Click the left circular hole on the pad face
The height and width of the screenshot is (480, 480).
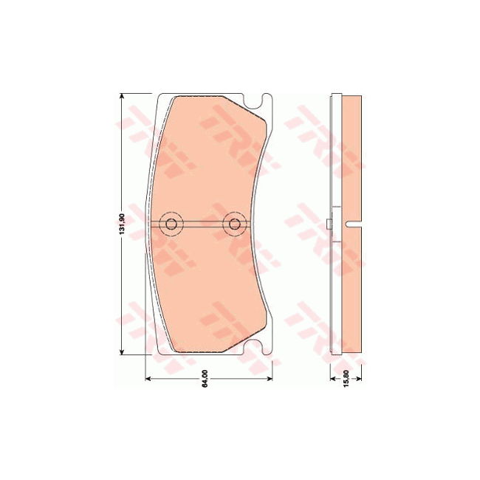tap(171, 224)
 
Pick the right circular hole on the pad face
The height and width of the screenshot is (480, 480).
tap(235, 224)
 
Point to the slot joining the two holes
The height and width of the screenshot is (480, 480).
tap(203, 224)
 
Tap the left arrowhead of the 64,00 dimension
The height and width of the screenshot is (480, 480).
tap(151, 379)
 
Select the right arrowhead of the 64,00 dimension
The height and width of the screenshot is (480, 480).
tap(269, 379)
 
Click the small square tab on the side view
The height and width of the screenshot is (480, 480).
tap(329, 224)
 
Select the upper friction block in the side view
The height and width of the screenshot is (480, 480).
tap(352, 159)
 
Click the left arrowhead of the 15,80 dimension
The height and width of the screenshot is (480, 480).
tap(332, 379)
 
